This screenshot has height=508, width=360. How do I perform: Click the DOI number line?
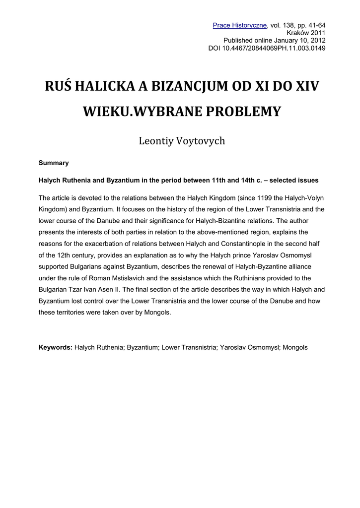click(x=267, y=48)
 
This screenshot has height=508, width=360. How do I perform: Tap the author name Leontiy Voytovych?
click(x=181, y=141)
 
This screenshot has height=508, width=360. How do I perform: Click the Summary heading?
click(x=54, y=163)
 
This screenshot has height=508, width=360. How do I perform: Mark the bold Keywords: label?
click(x=56, y=347)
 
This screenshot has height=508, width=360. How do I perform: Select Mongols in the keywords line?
click(x=295, y=347)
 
